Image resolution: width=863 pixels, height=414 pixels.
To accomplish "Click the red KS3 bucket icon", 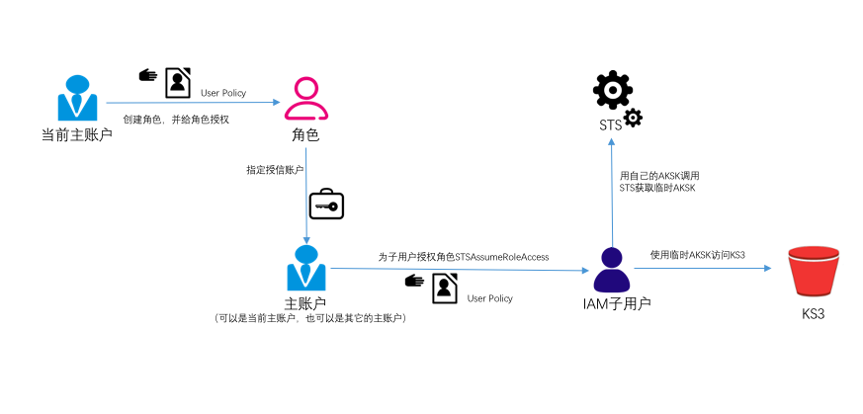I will point(813,271).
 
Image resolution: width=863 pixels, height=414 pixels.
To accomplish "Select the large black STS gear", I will point(611,91).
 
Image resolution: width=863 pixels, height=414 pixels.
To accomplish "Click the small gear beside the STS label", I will point(633,119).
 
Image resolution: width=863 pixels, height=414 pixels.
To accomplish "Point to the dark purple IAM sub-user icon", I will point(612,268).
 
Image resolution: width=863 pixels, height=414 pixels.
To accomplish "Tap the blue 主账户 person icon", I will point(306,267).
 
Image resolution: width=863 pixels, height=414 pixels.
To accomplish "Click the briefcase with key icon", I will point(325,205).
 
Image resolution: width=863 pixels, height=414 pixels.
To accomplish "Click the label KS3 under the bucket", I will point(813,314).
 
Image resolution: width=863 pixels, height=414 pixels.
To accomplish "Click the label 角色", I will point(305,134).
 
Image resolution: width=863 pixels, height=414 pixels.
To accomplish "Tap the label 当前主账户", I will point(76,133).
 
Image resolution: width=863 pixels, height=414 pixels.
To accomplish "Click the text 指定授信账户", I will point(275,170).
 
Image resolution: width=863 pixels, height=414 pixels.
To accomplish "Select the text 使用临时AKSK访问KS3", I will point(697,255).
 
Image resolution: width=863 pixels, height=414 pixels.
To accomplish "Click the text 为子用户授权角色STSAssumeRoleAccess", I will point(464,256).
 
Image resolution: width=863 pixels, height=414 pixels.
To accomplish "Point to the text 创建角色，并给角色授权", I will point(175,119).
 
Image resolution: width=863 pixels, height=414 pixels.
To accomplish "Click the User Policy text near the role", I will point(223,93).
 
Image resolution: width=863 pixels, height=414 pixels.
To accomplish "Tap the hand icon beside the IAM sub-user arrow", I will point(415,281).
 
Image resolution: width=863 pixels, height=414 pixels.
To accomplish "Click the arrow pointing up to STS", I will point(612,188).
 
